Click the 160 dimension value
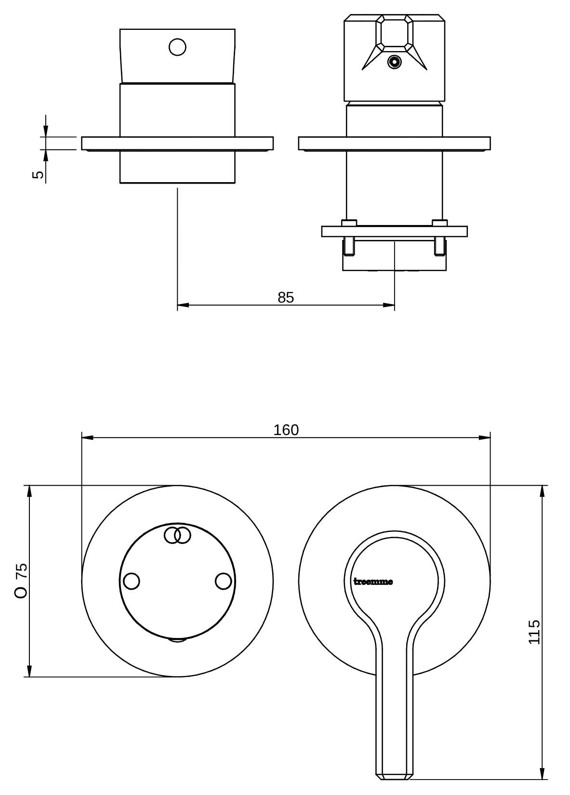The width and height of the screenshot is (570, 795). pos(286,430)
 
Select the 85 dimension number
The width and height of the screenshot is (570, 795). pos(286,297)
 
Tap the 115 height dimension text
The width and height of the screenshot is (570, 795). pos(534,632)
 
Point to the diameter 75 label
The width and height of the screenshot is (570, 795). pos(21,580)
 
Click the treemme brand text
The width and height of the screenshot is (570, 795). pos(373,582)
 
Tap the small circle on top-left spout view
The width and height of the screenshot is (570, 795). pos(177,47)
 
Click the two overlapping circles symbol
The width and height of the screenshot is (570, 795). pos(177,535)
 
